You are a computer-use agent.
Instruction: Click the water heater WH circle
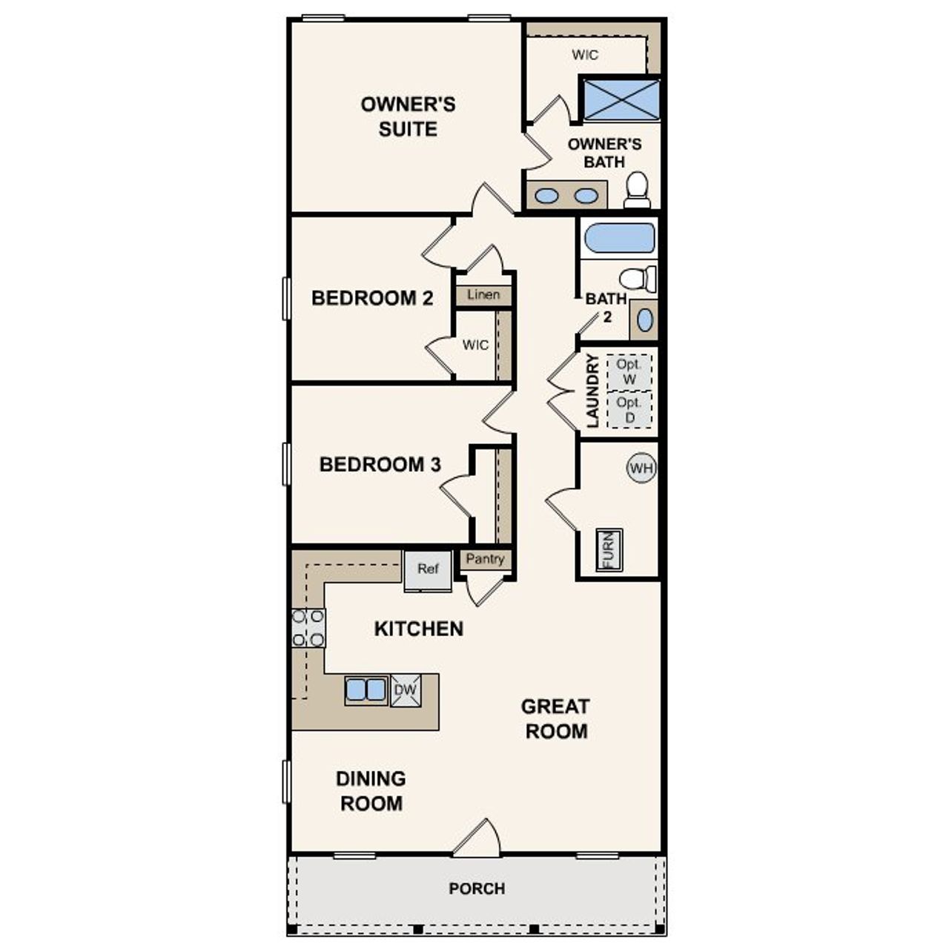click(x=641, y=468)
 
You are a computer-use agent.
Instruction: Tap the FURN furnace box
click(x=609, y=549)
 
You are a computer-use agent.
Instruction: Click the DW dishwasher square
click(x=406, y=690)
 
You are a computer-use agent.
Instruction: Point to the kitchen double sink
click(x=366, y=690)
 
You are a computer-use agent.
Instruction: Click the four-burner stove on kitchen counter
click(x=308, y=627)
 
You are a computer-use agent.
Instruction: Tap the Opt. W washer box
click(x=629, y=372)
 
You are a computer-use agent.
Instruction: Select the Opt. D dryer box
click(x=629, y=410)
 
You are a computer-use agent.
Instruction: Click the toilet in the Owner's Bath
click(x=638, y=191)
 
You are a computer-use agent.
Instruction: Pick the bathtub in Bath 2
click(x=620, y=239)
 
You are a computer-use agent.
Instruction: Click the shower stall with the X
click(x=621, y=99)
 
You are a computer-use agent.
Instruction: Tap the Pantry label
click(x=486, y=559)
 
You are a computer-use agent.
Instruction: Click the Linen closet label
click(x=483, y=295)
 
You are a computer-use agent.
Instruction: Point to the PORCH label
click(x=477, y=888)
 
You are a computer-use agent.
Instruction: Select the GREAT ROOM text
click(x=555, y=718)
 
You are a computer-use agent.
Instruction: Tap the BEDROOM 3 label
click(x=380, y=465)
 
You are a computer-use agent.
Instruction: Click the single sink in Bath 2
click(x=645, y=320)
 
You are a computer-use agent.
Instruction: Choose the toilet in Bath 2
click(x=638, y=279)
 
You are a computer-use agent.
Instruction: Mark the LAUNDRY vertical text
click(x=592, y=391)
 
